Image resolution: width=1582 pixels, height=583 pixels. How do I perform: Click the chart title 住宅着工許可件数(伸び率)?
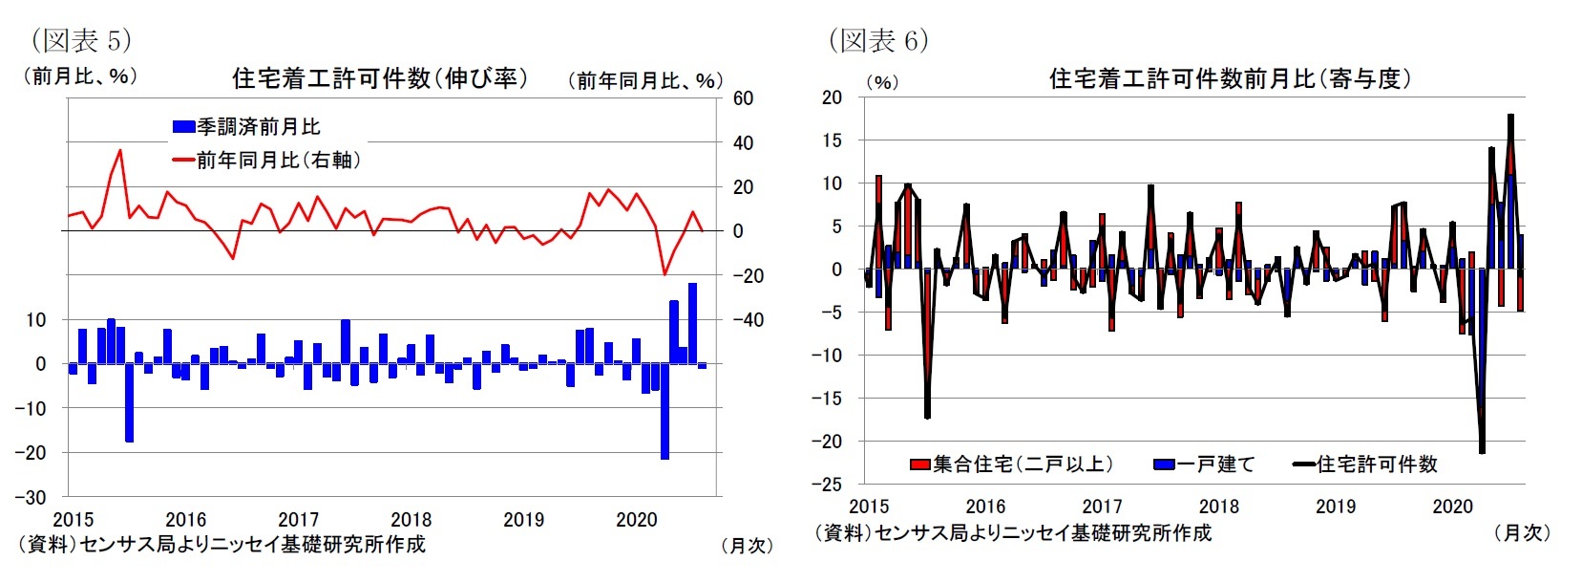pos(380,77)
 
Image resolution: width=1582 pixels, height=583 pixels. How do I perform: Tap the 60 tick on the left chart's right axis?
pos(743,98)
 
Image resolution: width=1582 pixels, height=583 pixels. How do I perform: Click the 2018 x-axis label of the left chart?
pos(411,520)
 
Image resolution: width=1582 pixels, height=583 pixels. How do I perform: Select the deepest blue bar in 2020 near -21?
pos(664,421)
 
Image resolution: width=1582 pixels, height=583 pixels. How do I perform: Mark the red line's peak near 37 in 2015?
pos(120,150)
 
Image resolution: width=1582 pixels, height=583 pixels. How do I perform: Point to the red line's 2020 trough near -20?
pos(664,274)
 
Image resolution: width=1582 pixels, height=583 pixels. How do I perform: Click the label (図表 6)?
pos(877,40)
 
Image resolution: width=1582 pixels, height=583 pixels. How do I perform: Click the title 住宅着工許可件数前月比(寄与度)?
pos(1230,78)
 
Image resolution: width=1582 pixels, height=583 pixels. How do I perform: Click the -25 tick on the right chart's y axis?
pos(827,485)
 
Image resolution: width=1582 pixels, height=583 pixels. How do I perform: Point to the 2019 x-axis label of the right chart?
pos(1335,507)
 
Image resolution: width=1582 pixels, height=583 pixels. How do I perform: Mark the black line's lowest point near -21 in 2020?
pos(1482,451)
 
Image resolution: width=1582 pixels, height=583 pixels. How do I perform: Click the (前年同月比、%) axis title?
pos(644,80)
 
